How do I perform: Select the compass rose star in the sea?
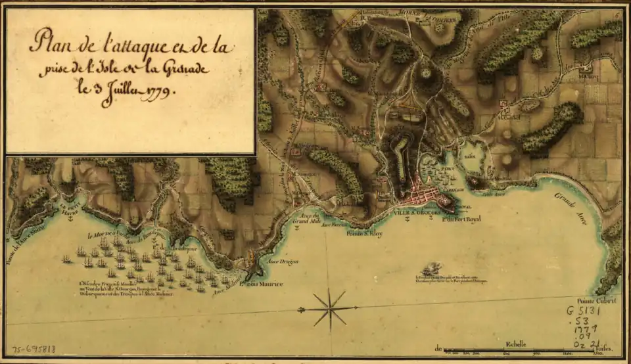(x=329, y=309)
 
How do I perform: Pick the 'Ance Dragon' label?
(x=284, y=261)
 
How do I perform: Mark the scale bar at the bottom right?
(x=526, y=350)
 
